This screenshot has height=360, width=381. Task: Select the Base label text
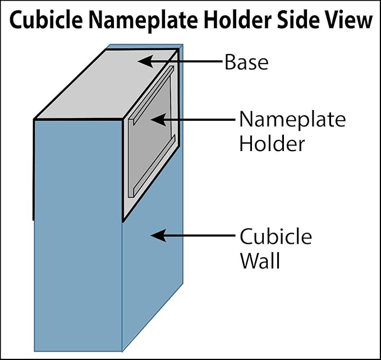tap(247, 62)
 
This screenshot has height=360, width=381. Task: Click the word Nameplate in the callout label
tap(292, 120)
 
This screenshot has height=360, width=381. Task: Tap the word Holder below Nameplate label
tap(272, 143)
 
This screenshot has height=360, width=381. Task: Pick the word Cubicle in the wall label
tap(276, 236)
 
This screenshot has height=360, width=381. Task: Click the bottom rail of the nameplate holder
tap(152, 166)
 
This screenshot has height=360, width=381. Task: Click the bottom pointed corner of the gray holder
tap(123, 220)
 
